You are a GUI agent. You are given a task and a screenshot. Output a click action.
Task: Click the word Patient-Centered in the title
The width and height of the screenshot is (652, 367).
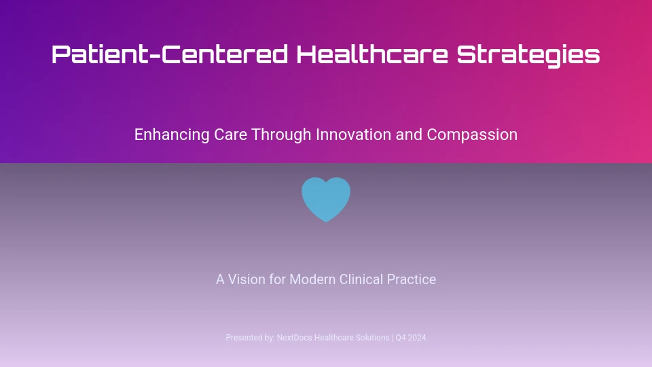(170, 54)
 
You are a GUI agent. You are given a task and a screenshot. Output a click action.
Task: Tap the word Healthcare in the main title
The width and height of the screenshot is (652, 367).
(372, 54)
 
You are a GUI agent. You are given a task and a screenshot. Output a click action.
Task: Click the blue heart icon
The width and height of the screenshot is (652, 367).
(326, 199)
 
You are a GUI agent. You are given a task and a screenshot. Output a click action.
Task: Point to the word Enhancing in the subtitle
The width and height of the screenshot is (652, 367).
(172, 135)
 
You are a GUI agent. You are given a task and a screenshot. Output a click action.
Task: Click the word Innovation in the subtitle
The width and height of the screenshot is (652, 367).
(353, 135)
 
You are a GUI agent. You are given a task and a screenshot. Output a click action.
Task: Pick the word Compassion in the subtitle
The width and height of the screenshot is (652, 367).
(472, 135)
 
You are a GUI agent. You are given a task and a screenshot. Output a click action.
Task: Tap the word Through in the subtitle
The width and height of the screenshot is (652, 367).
(281, 135)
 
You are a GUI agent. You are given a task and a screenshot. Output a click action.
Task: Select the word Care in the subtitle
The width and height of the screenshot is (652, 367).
(230, 135)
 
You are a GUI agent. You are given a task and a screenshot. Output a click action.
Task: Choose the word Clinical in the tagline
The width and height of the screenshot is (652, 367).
(361, 279)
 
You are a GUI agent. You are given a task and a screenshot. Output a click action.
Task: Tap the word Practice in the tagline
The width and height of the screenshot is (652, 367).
(412, 279)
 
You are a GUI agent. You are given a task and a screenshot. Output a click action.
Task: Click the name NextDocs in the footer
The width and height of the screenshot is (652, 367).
(294, 338)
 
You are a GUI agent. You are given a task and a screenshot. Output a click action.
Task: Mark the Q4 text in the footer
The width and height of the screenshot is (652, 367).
(400, 338)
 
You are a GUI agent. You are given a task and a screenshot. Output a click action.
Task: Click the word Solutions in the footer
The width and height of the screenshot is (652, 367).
(372, 338)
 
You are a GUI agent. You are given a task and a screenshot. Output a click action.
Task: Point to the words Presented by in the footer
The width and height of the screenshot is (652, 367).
(251, 338)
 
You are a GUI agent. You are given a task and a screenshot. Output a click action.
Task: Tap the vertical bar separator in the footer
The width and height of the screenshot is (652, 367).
(393, 338)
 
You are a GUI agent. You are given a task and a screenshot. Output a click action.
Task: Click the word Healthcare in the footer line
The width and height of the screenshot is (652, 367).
(333, 338)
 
